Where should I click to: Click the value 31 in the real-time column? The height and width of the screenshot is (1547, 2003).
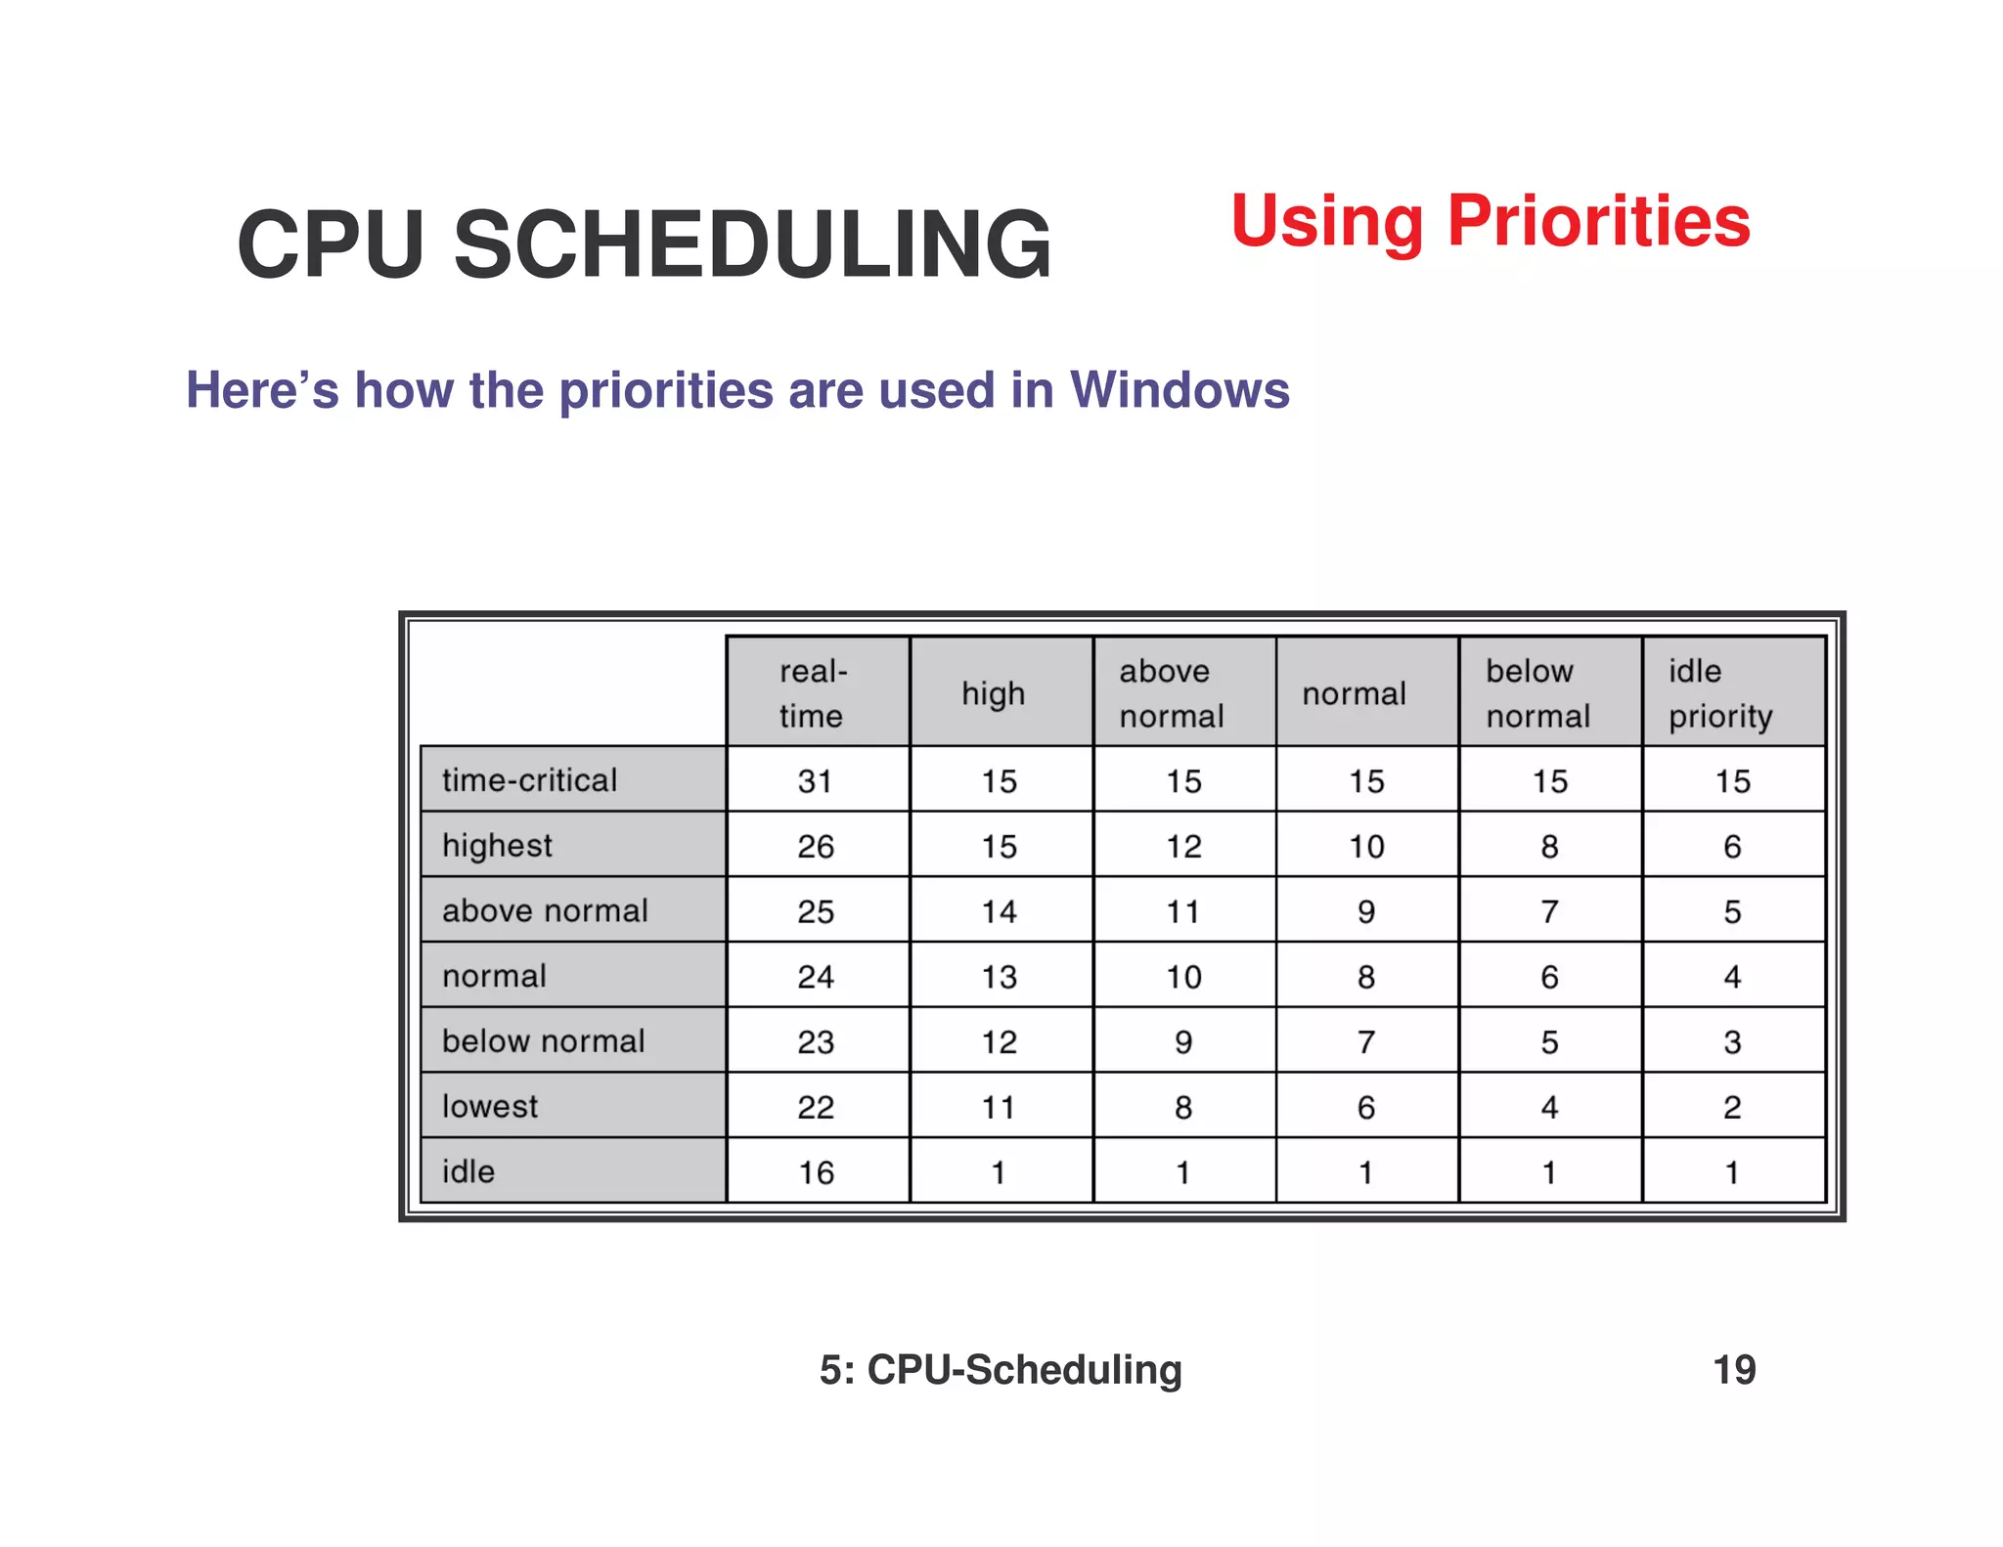[x=815, y=781]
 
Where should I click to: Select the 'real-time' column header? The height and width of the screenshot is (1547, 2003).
[x=813, y=693]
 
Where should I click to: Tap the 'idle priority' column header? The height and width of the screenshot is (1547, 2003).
[x=1720, y=693]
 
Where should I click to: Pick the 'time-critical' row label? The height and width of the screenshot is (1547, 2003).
[x=529, y=780]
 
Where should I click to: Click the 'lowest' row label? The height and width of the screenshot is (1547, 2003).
[x=490, y=1106]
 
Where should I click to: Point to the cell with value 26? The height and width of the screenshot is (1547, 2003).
[x=815, y=846]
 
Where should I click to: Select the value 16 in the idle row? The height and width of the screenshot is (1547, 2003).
[x=815, y=1171]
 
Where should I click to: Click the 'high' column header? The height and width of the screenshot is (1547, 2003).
[x=993, y=693]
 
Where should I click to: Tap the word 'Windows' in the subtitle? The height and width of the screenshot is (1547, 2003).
[x=1180, y=390]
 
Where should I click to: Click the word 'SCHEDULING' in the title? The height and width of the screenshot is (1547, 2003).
[x=752, y=244]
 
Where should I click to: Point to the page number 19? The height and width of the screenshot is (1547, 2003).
[x=1734, y=1370]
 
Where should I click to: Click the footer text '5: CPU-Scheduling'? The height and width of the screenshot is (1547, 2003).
[x=1001, y=1370]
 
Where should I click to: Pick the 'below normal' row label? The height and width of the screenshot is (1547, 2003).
[x=543, y=1040]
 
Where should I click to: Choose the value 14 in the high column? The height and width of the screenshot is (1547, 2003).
[x=999, y=911]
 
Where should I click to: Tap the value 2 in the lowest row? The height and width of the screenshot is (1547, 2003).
[x=1732, y=1107]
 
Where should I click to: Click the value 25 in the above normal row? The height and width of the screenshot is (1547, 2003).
[x=815, y=911]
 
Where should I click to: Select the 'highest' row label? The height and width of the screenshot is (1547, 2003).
[x=497, y=846]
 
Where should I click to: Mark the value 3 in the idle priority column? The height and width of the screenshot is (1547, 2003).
[x=1732, y=1041]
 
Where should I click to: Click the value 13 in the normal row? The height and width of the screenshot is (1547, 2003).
[x=999, y=977]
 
